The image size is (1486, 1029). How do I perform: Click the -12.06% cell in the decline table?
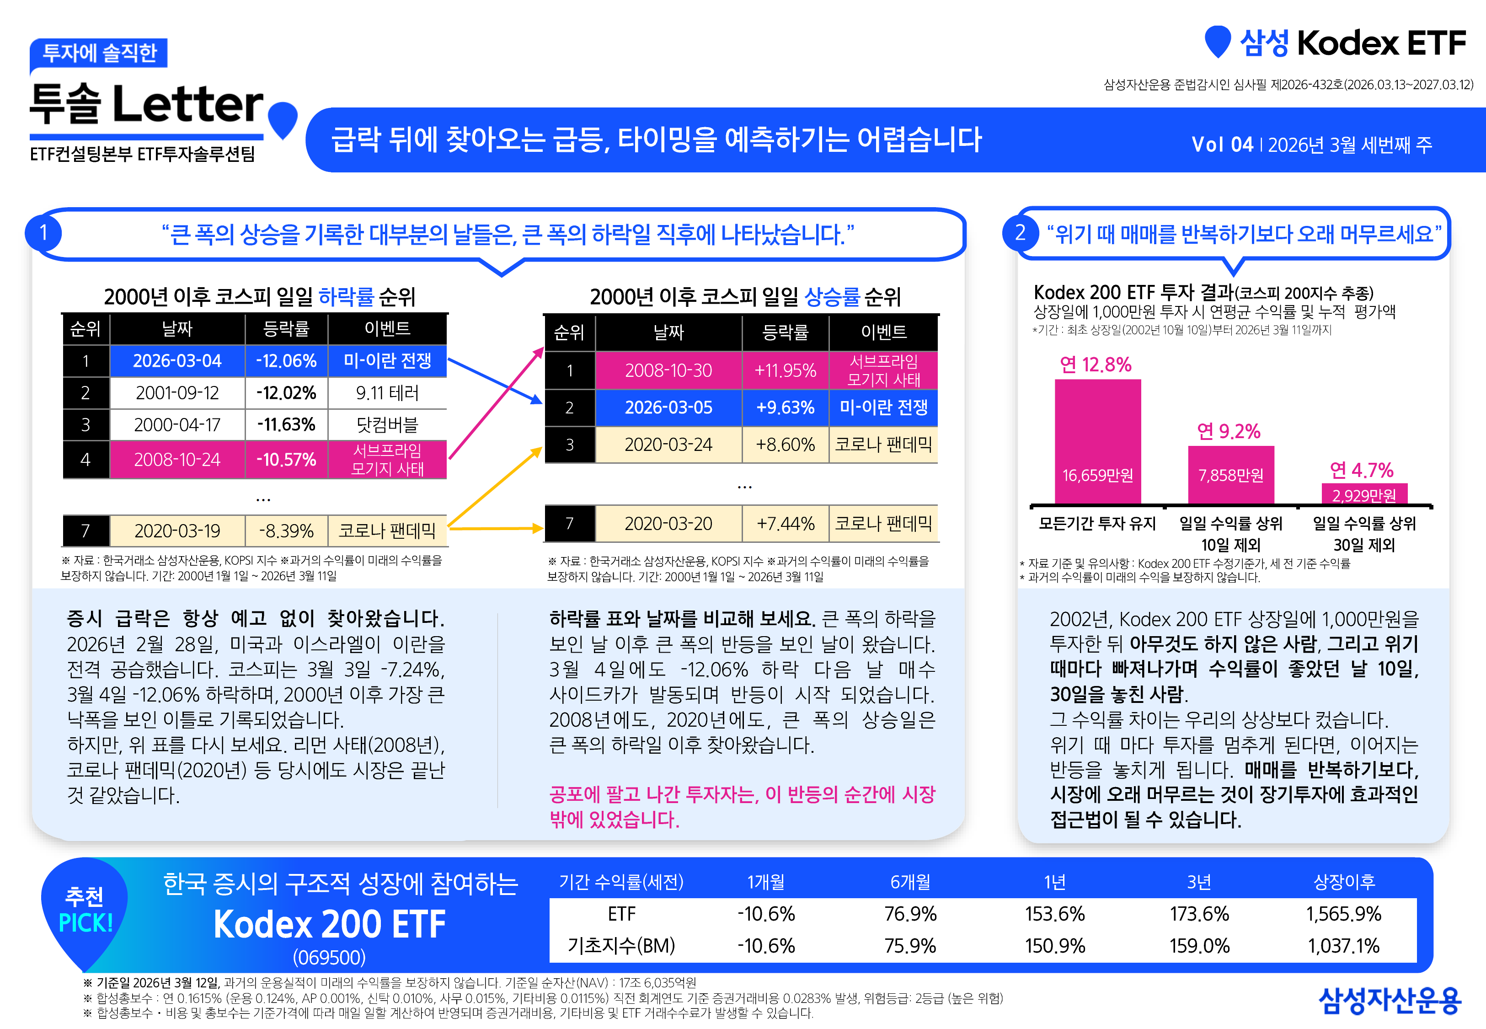(x=286, y=360)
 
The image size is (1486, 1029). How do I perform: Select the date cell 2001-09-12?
(x=177, y=393)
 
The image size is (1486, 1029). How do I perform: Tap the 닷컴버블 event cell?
(x=387, y=425)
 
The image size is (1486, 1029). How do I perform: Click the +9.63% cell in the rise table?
(x=785, y=407)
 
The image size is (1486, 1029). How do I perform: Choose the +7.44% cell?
(x=785, y=524)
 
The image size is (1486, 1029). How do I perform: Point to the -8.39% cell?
(x=286, y=531)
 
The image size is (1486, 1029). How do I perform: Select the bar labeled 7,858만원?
(x=1231, y=475)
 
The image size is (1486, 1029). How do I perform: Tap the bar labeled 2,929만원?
(x=1364, y=494)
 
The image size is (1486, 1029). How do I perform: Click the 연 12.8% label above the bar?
(x=1096, y=365)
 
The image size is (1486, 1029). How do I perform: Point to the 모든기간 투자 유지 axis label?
(x=1097, y=524)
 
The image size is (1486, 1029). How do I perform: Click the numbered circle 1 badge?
(x=43, y=233)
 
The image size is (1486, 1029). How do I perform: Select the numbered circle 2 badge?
(x=1020, y=233)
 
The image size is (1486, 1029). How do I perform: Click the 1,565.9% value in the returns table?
(x=1344, y=914)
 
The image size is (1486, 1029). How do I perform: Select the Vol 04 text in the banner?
(x=1222, y=145)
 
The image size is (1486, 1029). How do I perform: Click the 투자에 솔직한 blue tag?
(x=99, y=53)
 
